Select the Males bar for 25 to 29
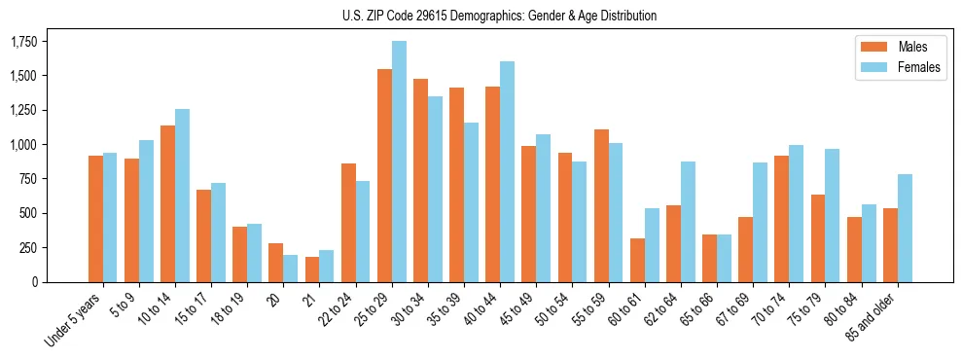pos(384,175)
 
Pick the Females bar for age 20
pos(291,268)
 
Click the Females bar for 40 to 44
pos(507,171)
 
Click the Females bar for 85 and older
pos(905,228)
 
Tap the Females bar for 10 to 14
pos(182,195)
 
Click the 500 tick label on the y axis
pos(31,213)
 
